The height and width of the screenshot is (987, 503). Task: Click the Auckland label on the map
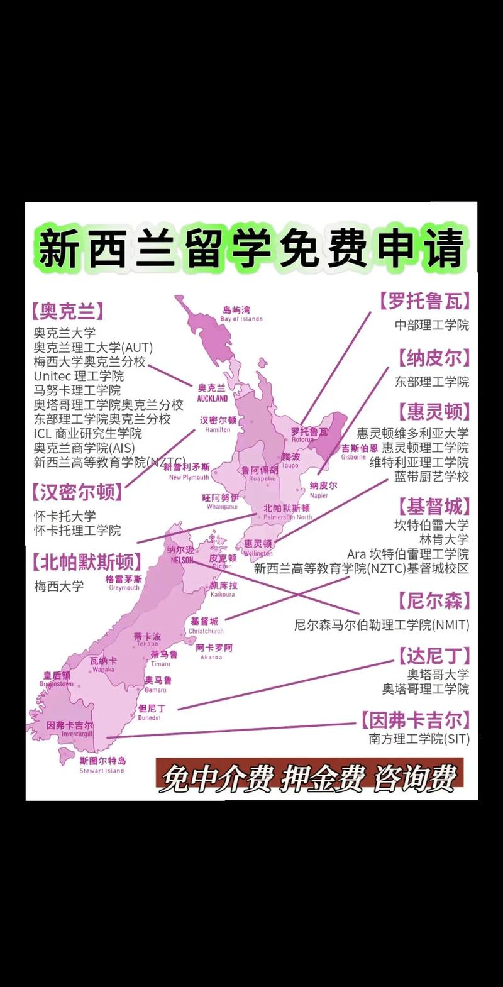click(212, 393)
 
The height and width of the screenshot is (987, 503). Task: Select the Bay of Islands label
click(241, 314)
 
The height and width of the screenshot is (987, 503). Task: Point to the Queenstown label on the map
click(57, 679)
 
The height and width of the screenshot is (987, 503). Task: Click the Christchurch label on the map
click(206, 626)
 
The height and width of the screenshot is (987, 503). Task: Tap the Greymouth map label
click(124, 583)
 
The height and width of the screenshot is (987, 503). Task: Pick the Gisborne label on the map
click(360, 452)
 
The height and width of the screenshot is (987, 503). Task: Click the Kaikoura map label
click(223, 590)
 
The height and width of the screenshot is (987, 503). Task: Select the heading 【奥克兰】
click(68, 311)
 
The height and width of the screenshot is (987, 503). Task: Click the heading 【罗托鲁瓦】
click(424, 301)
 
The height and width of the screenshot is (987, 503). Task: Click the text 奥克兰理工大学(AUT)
click(93, 348)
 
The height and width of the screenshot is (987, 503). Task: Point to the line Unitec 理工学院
click(79, 377)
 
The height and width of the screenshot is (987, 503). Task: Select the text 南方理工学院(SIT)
click(419, 739)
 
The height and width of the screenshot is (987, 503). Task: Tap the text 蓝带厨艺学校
click(431, 477)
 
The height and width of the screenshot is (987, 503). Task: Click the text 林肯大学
click(444, 539)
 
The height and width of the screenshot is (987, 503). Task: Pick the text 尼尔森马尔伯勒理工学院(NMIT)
click(382, 625)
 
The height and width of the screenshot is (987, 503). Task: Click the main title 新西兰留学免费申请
click(251, 246)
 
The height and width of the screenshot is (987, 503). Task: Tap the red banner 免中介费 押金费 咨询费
click(309, 778)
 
